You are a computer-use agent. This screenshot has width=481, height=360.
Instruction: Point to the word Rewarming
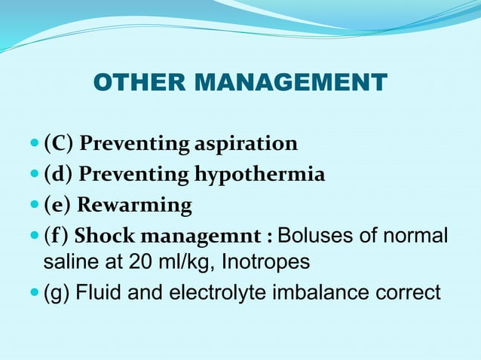[135, 205]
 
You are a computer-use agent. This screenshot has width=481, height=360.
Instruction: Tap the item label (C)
[58, 143]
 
